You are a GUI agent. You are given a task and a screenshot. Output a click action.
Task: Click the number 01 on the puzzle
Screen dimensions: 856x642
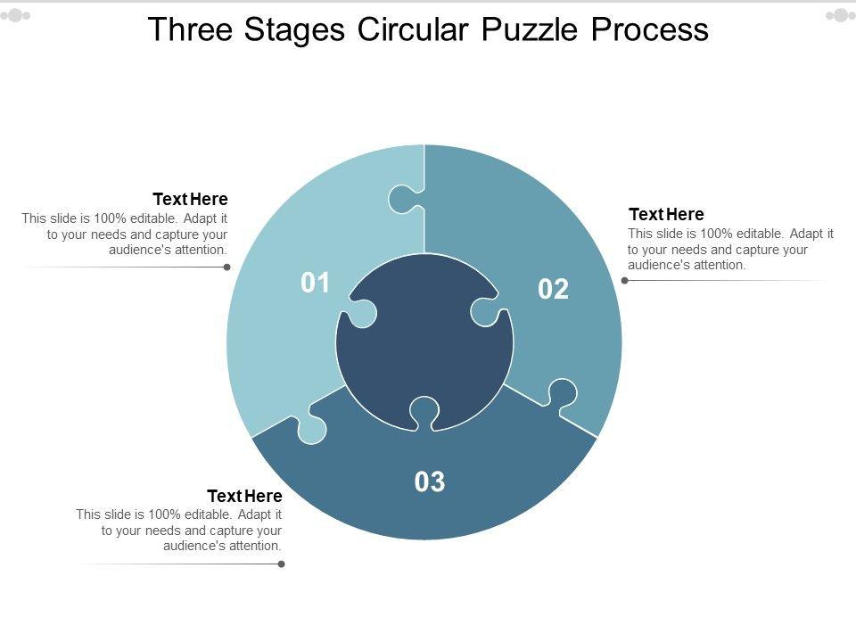tap(315, 283)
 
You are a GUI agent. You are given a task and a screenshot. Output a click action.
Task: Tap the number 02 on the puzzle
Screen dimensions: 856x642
tap(553, 289)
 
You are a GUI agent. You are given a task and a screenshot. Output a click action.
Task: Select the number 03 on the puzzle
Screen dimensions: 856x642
tap(430, 481)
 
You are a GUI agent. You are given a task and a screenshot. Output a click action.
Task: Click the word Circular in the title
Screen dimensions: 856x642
tap(412, 29)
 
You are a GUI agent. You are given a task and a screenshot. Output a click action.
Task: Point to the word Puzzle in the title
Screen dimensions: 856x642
tap(529, 29)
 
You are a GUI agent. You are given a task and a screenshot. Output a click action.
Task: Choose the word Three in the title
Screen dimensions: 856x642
tap(190, 29)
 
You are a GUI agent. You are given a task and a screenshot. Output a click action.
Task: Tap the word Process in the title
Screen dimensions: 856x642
tap(650, 29)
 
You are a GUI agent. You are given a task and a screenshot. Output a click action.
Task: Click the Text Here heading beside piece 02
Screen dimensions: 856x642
tap(666, 214)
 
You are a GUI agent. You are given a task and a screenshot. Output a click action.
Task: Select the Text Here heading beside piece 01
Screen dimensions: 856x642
tap(190, 199)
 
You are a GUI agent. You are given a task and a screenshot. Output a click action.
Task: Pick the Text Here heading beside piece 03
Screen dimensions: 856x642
tap(244, 496)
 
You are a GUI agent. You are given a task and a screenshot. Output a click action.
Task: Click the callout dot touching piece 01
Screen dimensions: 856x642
tap(227, 267)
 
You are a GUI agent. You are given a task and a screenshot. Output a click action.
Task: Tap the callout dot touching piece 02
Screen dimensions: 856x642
tap(625, 281)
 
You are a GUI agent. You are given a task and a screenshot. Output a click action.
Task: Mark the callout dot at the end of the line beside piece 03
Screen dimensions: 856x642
tap(282, 564)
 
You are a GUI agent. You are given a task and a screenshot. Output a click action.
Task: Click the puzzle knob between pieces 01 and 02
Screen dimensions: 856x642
tap(403, 200)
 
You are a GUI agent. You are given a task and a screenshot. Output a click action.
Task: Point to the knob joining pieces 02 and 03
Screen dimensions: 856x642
tap(561, 394)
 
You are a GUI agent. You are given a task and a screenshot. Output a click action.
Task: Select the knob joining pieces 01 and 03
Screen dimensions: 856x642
tap(310, 427)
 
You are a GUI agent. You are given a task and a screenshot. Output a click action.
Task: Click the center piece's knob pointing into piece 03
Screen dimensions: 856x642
tap(424, 413)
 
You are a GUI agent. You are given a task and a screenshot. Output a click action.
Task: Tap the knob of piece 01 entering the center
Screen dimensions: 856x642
tap(361, 313)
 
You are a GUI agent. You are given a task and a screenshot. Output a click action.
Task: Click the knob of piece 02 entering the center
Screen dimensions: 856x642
tap(486, 312)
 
